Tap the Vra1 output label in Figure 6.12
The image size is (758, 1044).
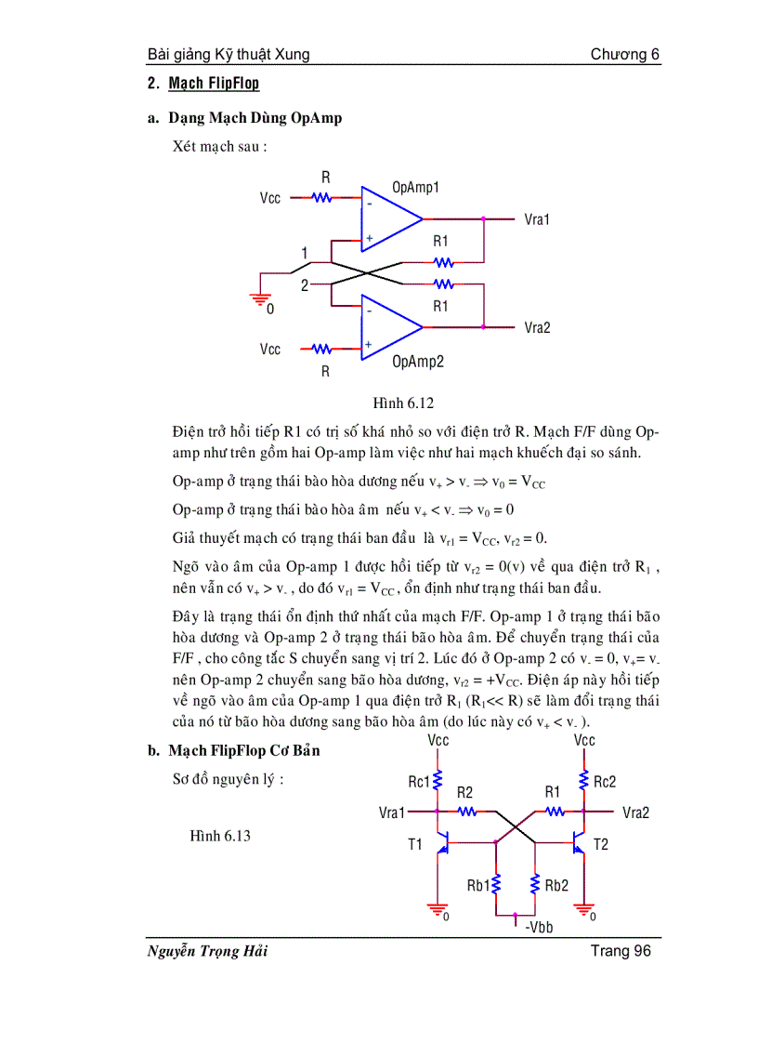pyautogui.click(x=537, y=219)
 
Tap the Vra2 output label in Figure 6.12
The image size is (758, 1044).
pyautogui.click(x=537, y=327)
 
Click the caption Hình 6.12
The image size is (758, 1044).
pyautogui.click(x=403, y=403)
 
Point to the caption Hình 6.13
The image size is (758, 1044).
pyautogui.click(x=220, y=836)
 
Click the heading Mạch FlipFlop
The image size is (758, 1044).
pyautogui.click(x=214, y=84)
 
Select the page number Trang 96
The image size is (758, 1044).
pyautogui.click(x=621, y=950)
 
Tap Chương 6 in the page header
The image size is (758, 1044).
pyautogui.click(x=625, y=54)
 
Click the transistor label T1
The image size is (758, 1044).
pyautogui.click(x=414, y=844)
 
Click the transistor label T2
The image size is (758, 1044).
pyautogui.click(x=601, y=844)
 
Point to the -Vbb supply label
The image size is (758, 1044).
pyautogui.click(x=539, y=927)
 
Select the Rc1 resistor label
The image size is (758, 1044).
pyautogui.click(x=419, y=782)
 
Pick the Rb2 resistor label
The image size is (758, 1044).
pyautogui.click(x=555, y=885)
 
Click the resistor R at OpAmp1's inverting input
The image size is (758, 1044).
pyautogui.click(x=322, y=197)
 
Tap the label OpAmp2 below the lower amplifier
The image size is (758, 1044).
pyautogui.click(x=417, y=362)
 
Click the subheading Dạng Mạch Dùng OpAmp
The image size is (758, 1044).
pyautogui.click(x=255, y=118)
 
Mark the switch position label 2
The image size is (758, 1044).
pyautogui.click(x=304, y=285)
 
